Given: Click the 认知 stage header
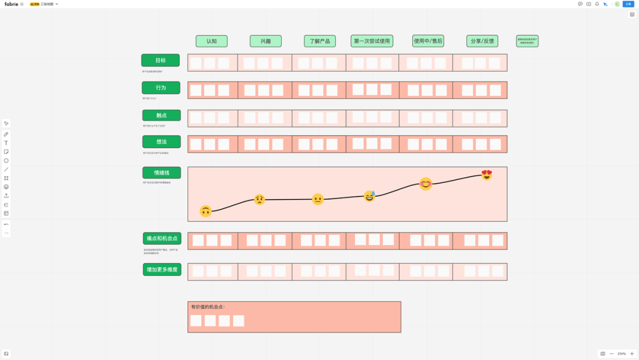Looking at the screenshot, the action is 211,41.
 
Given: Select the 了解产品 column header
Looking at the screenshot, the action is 319,41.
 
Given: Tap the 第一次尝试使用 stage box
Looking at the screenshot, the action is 372,41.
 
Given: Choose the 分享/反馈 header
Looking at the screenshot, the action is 482,41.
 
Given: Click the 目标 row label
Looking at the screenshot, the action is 160,60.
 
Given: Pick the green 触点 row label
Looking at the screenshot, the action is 161,115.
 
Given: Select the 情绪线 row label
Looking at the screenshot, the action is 162,173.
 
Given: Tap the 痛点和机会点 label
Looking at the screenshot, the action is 162,239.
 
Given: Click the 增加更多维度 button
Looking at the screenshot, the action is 162,270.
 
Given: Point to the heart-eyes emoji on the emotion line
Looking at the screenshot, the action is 486,175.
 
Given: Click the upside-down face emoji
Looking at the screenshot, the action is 205,211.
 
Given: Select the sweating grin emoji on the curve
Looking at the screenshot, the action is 370,196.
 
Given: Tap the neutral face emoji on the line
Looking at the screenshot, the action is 318,199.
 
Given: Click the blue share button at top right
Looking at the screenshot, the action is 628,4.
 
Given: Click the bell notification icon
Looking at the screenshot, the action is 597,4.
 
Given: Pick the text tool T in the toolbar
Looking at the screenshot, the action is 7,143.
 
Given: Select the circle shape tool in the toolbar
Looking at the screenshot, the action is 7,160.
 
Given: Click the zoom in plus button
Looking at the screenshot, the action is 632,353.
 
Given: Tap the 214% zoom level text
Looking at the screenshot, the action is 622,353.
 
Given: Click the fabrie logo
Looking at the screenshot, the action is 11,4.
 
